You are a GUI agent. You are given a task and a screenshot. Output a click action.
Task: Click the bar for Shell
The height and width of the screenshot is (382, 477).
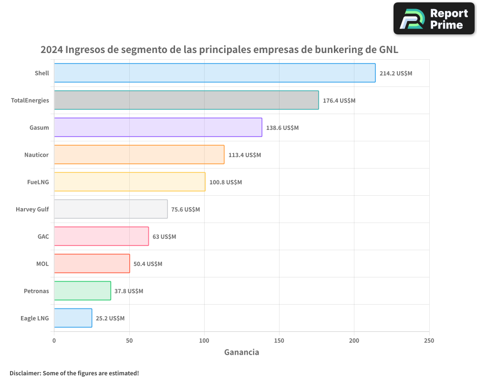[215, 73]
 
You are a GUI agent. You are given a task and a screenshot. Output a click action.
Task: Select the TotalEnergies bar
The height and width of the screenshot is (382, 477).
[186, 100]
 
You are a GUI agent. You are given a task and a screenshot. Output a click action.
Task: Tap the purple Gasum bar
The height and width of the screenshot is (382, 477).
[158, 127]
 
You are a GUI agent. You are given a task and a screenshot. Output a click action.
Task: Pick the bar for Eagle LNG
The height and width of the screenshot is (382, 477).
[73, 318]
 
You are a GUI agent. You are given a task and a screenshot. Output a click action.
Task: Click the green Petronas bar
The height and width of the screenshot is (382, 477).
[83, 291]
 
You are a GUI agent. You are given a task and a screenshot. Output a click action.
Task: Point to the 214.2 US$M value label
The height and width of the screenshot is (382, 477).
[395, 74]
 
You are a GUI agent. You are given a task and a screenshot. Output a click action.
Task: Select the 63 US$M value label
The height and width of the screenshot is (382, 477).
[164, 237]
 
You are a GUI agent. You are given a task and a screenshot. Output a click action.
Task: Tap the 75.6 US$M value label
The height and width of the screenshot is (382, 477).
[186, 210]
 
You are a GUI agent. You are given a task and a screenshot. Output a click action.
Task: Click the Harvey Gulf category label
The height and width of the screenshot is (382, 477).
[32, 209]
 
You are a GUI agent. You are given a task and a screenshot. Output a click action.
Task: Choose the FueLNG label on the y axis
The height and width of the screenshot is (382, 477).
[38, 182]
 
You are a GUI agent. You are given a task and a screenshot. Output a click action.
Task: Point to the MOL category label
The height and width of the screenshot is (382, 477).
[42, 264]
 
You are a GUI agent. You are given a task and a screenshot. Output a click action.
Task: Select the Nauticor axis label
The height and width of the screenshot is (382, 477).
[36, 155]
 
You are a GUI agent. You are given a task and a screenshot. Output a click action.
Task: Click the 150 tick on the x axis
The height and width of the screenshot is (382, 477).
[279, 340]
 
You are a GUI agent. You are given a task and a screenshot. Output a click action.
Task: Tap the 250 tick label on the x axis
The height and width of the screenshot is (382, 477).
[429, 340]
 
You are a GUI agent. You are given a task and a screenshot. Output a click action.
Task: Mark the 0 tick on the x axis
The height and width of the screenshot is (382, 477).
[54, 340]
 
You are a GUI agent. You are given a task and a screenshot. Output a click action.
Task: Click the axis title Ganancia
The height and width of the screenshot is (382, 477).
[241, 352]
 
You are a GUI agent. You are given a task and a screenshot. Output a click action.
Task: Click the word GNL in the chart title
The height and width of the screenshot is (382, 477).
[388, 50]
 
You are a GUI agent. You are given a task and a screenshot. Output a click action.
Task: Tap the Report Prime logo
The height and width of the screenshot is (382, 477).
[434, 19]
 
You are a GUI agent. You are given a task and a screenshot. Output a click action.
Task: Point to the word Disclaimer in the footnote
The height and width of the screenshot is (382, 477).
[24, 373]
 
